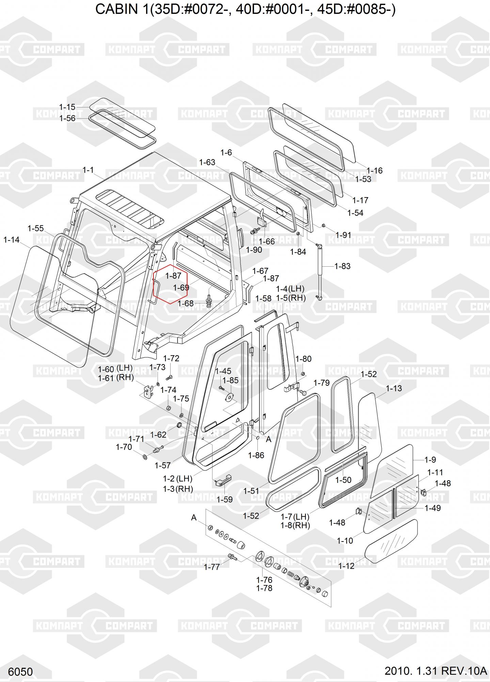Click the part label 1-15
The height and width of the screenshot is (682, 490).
pos(67,107)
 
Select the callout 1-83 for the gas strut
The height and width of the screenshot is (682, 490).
pos(342,266)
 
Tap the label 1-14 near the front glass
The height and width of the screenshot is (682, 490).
pos(12,240)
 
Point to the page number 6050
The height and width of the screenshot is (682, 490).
pos(20,672)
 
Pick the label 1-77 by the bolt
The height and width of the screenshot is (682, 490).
pos(212,567)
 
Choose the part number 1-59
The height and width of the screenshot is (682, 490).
pos(224,500)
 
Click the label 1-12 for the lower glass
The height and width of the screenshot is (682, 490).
pos(346,566)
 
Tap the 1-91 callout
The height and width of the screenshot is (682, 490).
pos(343,235)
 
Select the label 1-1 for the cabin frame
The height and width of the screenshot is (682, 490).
pos(88,169)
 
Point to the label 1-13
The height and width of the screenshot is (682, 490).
pos(394,388)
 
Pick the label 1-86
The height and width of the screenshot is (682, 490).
pos(256,455)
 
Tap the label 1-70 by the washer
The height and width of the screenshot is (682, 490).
pos(124,447)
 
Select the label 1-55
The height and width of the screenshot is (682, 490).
pos(36,228)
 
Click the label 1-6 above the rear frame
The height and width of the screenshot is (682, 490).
pos(226,152)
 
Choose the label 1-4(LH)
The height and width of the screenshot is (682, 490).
pos(290,288)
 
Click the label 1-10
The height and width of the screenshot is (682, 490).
pos(345,540)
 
